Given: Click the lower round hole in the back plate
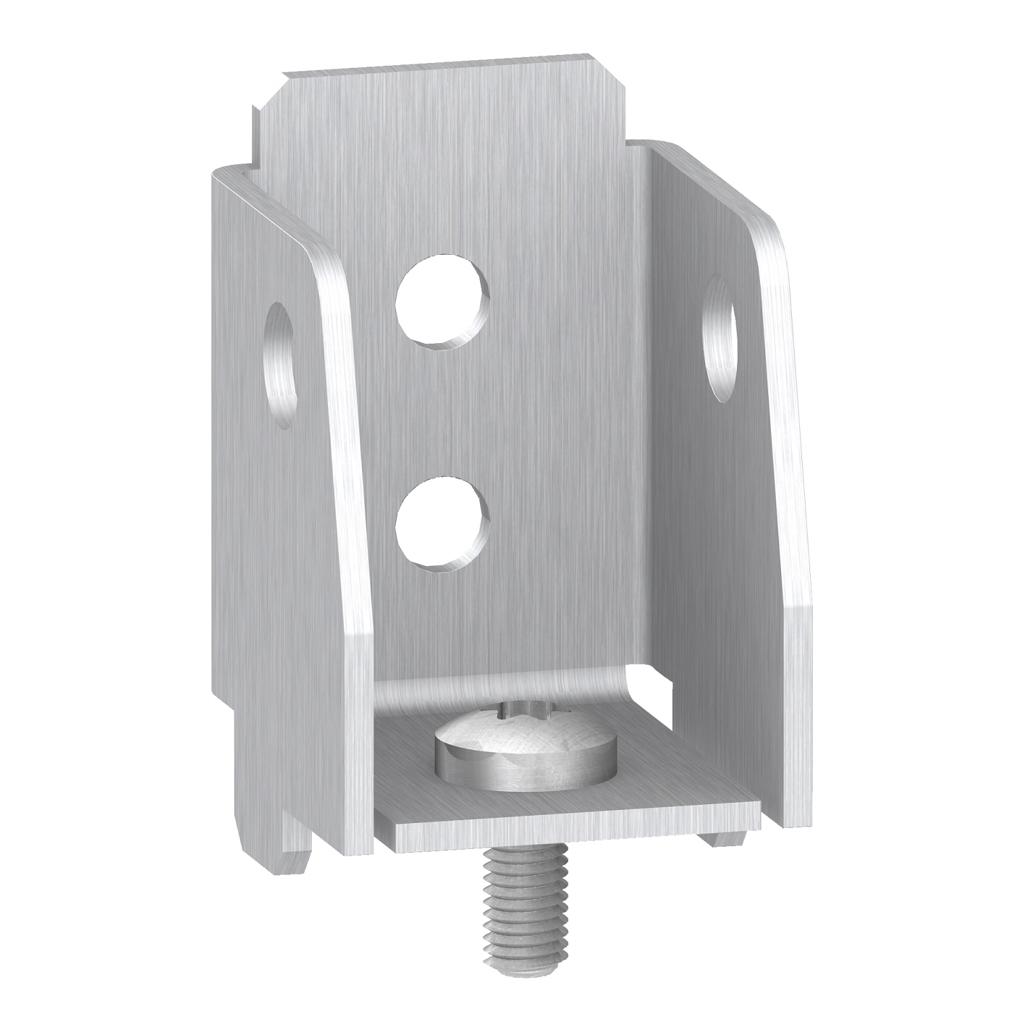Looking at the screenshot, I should (442, 519).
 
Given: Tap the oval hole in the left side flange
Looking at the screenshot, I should (279, 365).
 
